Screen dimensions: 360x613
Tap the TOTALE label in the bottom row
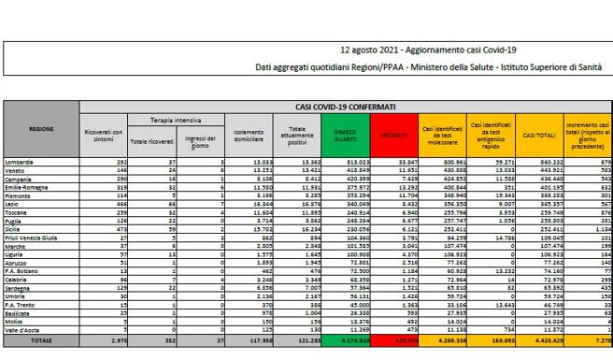40,341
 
